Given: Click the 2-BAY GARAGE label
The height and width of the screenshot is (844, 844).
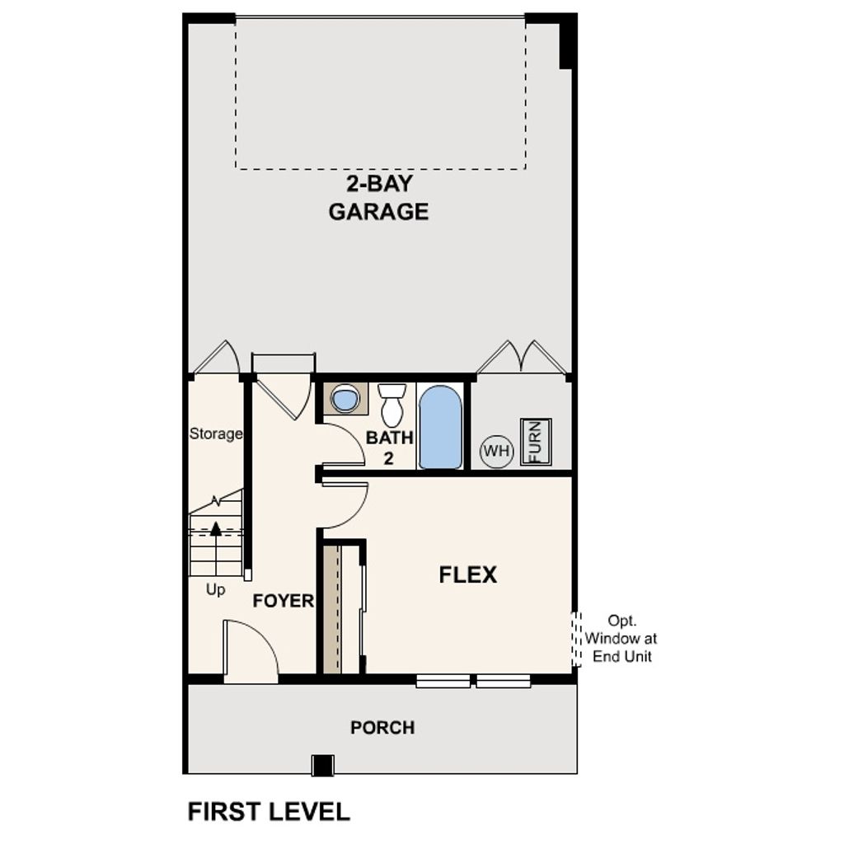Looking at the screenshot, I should point(378,198).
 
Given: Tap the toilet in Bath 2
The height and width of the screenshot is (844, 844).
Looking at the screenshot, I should point(392,404).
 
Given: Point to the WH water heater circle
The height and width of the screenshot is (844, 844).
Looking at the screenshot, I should point(496,451).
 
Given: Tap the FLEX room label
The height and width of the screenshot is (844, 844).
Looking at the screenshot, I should point(467,574).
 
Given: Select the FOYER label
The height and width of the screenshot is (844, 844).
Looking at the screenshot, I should point(283,601).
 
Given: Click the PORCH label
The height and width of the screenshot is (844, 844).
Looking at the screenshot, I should point(382,728).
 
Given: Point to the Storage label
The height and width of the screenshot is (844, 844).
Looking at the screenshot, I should point(216,434).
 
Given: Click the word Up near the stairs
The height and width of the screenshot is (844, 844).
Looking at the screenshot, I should point(215,590).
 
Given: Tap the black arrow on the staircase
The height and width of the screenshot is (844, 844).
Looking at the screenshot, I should point(216,528).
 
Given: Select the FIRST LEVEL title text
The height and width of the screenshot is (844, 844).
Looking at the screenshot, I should point(269,811).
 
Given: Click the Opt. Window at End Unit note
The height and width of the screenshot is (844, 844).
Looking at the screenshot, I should point(621,638).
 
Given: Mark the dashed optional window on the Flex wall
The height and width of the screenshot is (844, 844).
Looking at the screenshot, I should point(577,639).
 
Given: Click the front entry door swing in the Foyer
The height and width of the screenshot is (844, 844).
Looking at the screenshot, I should point(251,651).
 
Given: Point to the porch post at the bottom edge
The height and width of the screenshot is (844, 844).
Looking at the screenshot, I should point(322,765).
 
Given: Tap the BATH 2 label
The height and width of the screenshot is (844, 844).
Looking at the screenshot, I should point(389,447).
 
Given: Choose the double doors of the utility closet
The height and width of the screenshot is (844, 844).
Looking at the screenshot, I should point(522,357).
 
